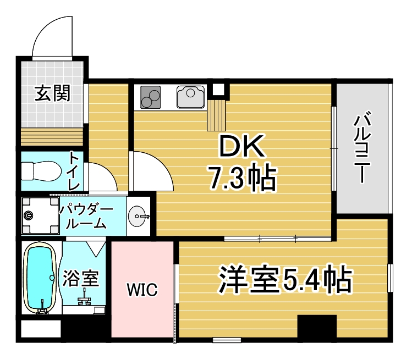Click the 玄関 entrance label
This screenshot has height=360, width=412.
[x=53, y=93]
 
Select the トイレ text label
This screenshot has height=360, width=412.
[x=74, y=171]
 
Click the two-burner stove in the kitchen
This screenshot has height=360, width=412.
[x=150, y=97]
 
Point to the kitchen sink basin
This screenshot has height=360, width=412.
[x=190, y=97]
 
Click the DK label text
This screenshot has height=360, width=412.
[x=241, y=146]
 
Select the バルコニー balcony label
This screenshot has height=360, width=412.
[x=362, y=147]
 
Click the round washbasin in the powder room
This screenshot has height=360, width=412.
[x=136, y=216]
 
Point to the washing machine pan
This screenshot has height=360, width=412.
[x=40, y=215]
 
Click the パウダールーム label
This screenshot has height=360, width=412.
[x=86, y=217]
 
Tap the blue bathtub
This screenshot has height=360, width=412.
[x=40, y=278]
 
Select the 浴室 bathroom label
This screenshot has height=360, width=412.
[x=80, y=279]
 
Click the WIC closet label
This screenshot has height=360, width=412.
[x=142, y=289]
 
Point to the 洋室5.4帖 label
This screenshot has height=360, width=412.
[x=285, y=280]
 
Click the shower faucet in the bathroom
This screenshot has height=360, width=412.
[x=84, y=298]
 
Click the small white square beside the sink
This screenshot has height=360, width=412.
[x=218, y=89]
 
